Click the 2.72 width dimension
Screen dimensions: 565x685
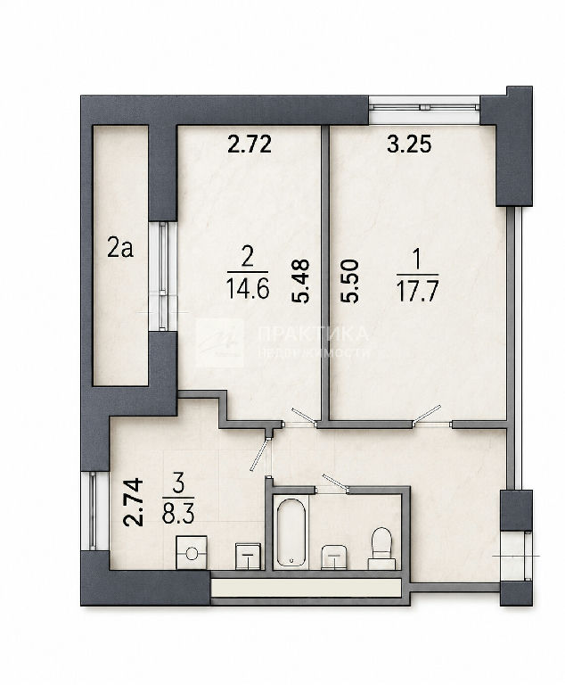[250, 144]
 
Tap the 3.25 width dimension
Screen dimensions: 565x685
[409, 144]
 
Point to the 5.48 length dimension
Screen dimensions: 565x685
[301, 281]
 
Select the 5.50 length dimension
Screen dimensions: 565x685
[349, 281]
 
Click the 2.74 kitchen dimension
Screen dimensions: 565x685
[133, 502]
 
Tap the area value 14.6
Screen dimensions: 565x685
[248, 289]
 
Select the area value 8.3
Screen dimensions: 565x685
[178, 514]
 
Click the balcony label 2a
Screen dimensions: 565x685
[120, 249]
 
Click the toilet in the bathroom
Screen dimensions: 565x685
[382, 549]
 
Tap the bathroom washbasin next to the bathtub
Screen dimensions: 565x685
[334, 557]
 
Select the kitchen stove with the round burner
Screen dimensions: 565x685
[192, 553]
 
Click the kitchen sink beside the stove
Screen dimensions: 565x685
[249, 557]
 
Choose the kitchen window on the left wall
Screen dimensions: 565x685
[93, 510]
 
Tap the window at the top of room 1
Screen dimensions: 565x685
[424, 106]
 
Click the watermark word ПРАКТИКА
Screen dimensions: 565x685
[313, 334]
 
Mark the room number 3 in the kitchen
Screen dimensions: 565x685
[178, 486]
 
